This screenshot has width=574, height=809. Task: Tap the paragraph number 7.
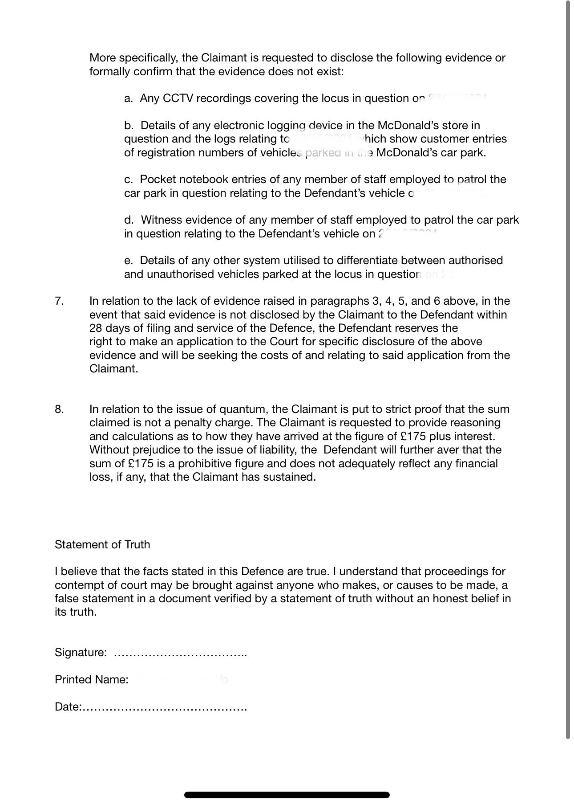pyautogui.click(x=59, y=301)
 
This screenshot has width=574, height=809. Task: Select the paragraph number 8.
pyautogui.click(x=59, y=409)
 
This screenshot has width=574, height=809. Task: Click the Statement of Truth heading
pyautogui.click(x=102, y=545)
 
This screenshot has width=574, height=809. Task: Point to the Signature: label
pyautogui.click(x=81, y=653)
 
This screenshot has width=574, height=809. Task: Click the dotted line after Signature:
pyautogui.click(x=180, y=654)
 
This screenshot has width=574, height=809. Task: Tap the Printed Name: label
pyautogui.click(x=92, y=680)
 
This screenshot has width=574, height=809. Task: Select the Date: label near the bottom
pyautogui.click(x=68, y=707)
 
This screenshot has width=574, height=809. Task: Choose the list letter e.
pyautogui.click(x=128, y=261)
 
